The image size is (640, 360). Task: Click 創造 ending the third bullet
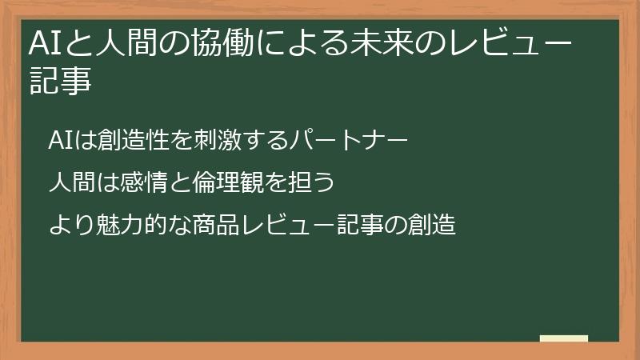(x=431, y=226)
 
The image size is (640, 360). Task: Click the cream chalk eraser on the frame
(x=564, y=339)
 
